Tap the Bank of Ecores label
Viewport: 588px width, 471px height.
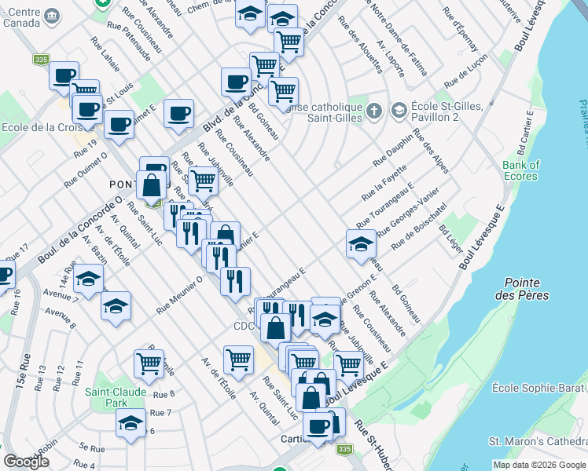[521, 170]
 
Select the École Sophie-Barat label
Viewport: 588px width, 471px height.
[538, 388]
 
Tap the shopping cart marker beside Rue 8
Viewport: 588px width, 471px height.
[148, 362]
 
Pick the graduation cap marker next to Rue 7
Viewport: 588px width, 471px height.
[130, 422]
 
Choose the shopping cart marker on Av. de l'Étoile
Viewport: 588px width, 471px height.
[238, 359]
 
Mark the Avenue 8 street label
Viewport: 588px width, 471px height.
[60, 313]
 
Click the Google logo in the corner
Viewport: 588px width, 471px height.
[27, 462]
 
